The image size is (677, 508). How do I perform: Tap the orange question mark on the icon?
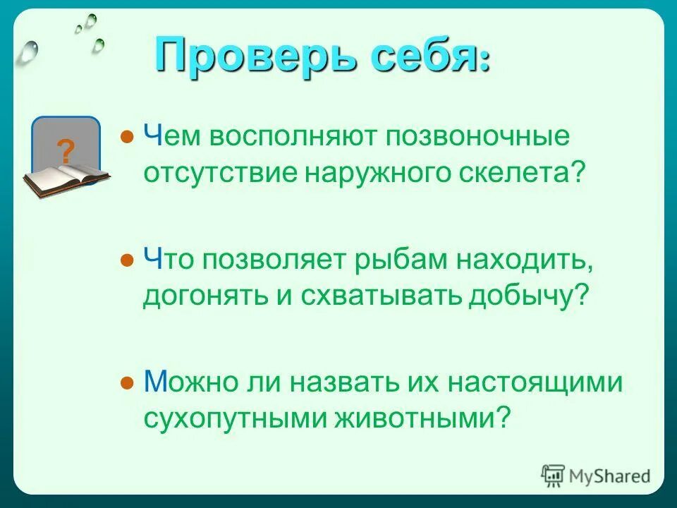click(66, 151)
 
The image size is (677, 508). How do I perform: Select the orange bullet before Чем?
click(127, 135)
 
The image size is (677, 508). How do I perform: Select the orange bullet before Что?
click(127, 260)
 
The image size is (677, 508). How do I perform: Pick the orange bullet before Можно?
click(127, 382)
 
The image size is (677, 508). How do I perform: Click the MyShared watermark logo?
click(596, 476)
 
